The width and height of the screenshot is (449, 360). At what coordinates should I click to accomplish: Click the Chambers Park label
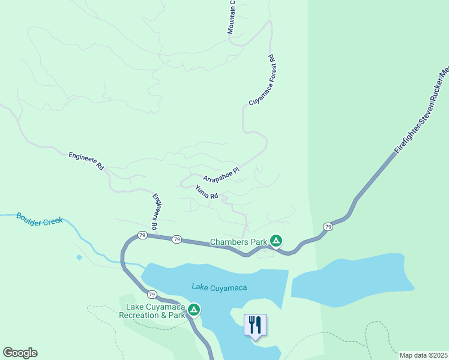coord(238,242)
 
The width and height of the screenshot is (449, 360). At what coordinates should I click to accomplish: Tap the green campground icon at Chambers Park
coord(276,241)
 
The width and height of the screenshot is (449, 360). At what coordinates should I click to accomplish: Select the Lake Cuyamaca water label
coord(219,287)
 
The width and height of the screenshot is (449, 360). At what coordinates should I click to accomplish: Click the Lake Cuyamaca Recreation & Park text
coord(152,311)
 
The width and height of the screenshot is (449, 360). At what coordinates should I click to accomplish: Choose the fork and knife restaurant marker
coord(255,325)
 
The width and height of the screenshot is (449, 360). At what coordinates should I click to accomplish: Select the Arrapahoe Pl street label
coord(221,175)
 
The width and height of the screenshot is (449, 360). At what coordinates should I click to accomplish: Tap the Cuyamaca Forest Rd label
coord(261,80)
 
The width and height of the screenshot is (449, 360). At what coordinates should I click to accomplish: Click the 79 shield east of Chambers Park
coord(327,226)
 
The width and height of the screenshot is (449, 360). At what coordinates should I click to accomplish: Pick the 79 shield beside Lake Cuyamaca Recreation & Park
coord(152,295)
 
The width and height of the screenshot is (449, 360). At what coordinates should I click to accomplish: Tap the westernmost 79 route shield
coord(142,235)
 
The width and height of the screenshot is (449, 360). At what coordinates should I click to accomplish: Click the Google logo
coord(20,353)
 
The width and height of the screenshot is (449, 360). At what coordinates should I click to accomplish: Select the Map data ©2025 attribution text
coord(423,355)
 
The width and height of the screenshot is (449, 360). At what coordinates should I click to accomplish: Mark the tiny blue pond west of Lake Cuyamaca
coord(79,257)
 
